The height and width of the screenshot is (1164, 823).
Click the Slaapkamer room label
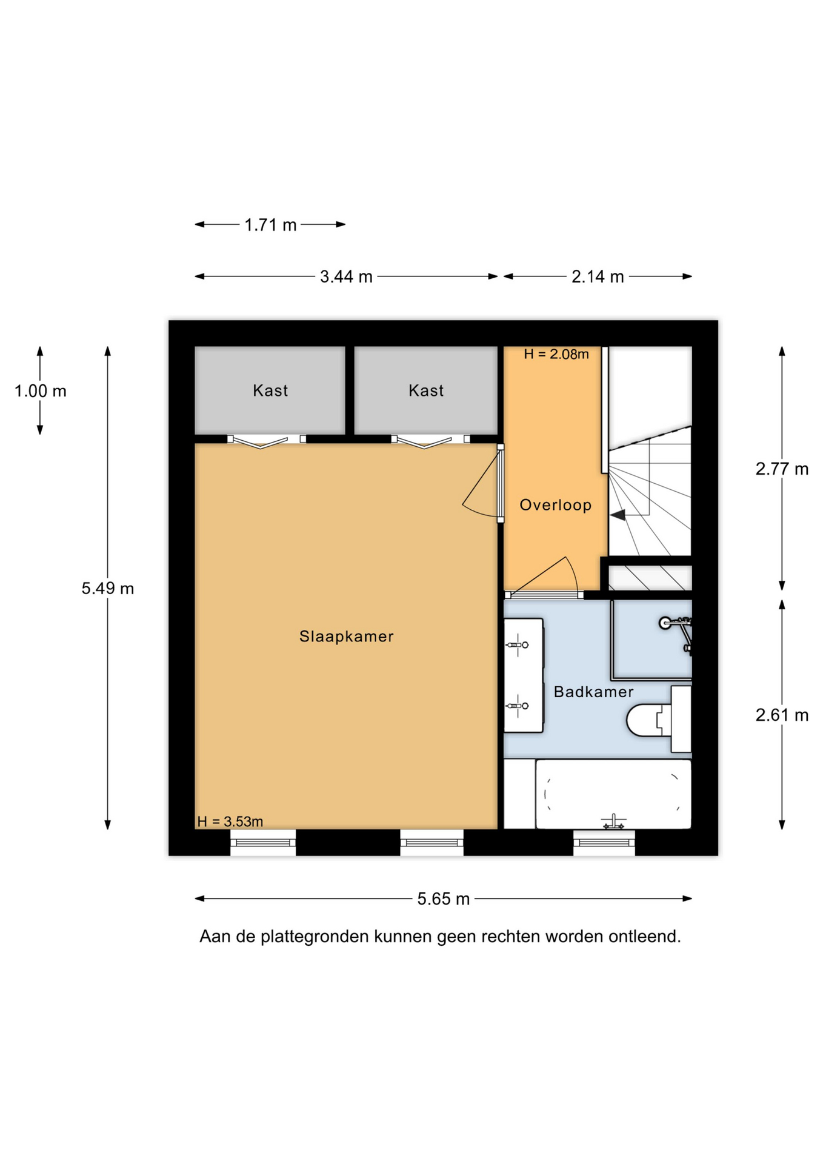pyautogui.click(x=346, y=636)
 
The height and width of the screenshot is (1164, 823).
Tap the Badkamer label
pyautogui.click(x=593, y=692)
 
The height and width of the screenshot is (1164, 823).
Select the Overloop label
pyautogui.click(x=555, y=505)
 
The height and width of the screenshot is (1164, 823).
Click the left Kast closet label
pyautogui.click(x=270, y=390)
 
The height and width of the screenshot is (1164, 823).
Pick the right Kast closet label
pyautogui.click(x=426, y=390)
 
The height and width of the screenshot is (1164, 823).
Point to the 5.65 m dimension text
pyautogui.click(x=443, y=898)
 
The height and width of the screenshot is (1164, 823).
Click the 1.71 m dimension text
pyautogui.click(x=270, y=225)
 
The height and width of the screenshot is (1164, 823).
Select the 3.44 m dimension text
pyautogui.click(x=346, y=276)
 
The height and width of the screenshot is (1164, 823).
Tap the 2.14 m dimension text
pyautogui.click(x=598, y=276)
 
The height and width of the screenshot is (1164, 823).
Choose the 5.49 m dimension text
pyautogui.click(x=108, y=588)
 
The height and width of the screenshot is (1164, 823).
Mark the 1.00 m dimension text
pyautogui.click(x=41, y=391)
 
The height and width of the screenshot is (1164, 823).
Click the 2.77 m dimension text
pyautogui.click(x=782, y=469)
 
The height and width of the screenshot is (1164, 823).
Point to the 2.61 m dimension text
pyautogui.click(x=782, y=715)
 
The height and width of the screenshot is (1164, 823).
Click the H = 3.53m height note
pyautogui.click(x=230, y=821)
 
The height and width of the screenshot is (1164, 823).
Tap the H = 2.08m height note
pyautogui.click(x=556, y=354)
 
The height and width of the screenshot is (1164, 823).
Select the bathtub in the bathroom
pyautogui.click(x=613, y=794)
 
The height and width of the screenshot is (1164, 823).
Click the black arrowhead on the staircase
pyautogui.click(x=618, y=515)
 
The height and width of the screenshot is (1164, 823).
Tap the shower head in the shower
pyautogui.click(x=665, y=623)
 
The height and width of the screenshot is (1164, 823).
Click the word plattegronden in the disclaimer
pyautogui.click(x=315, y=937)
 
